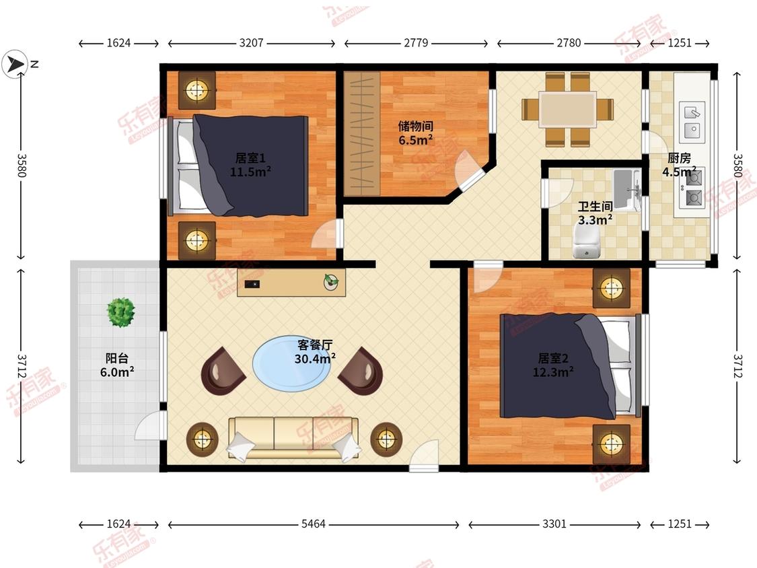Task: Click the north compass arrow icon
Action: (15, 64)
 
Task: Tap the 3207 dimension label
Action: (252, 43)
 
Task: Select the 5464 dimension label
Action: (314, 524)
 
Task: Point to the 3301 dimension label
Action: (554, 524)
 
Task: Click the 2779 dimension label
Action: (416, 43)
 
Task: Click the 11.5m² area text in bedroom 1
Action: (250, 172)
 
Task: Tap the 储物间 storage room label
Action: (415, 126)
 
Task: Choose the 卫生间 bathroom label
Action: (596, 206)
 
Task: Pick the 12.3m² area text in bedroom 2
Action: (553, 372)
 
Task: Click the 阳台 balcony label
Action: (117, 358)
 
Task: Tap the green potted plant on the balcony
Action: (120, 312)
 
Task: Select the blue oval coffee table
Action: (292, 362)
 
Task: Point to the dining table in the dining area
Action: (567, 110)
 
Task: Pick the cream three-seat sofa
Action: (293, 437)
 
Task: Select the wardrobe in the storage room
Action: (361, 134)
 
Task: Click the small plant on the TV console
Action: (330, 282)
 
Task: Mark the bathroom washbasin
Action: (626, 190)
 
